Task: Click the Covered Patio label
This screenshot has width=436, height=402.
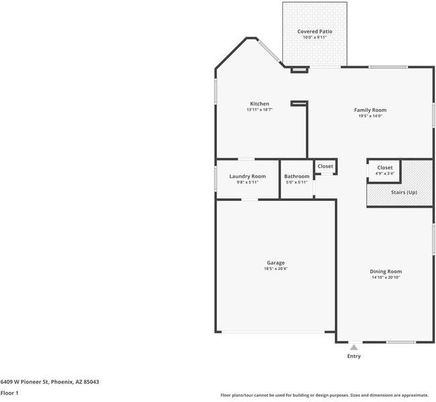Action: [315, 31]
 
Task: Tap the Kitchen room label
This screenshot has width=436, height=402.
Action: [260, 104]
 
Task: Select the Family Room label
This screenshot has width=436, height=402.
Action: [370, 110]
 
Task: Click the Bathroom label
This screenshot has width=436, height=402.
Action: [296, 176]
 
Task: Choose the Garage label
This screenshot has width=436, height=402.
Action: [275, 263]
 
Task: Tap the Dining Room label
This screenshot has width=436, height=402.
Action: [386, 271]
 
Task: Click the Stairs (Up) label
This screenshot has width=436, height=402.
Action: [404, 192]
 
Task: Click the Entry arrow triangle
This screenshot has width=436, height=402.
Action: [353, 347]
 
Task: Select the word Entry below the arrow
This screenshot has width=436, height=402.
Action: [353, 356]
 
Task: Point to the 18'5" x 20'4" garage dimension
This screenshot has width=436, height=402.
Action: [275, 269]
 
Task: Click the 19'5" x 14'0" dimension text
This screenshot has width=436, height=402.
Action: [370, 116]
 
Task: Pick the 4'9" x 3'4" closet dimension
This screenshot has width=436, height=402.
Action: [385, 174]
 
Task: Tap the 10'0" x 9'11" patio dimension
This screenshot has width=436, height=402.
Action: [315, 38]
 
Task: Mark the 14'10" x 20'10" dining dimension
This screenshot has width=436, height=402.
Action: [386, 277]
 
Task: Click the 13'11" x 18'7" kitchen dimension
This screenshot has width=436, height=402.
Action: [260, 110]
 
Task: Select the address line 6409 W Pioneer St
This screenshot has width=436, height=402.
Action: [50, 381]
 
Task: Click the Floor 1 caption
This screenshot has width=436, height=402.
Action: [9, 393]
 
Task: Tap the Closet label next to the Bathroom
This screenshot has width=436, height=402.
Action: [325, 166]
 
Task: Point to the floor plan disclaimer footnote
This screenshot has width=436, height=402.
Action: [325, 395]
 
